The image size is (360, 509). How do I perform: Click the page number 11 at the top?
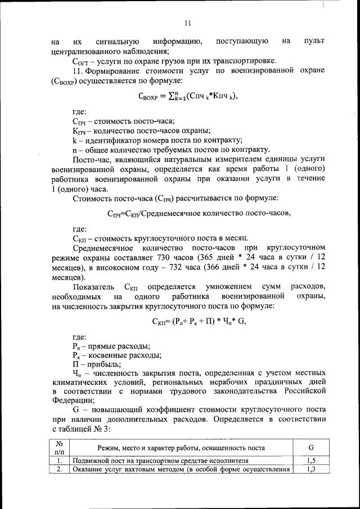(x=188, y=23)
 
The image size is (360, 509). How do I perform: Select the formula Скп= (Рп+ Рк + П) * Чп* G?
(x=199, y=322)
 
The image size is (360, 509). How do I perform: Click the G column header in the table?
(x=311, y=448)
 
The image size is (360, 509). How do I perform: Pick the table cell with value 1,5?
(x=311, y=461)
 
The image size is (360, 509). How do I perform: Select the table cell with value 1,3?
(x=311, y=470)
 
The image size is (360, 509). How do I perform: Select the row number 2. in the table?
(x=58, y=470)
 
